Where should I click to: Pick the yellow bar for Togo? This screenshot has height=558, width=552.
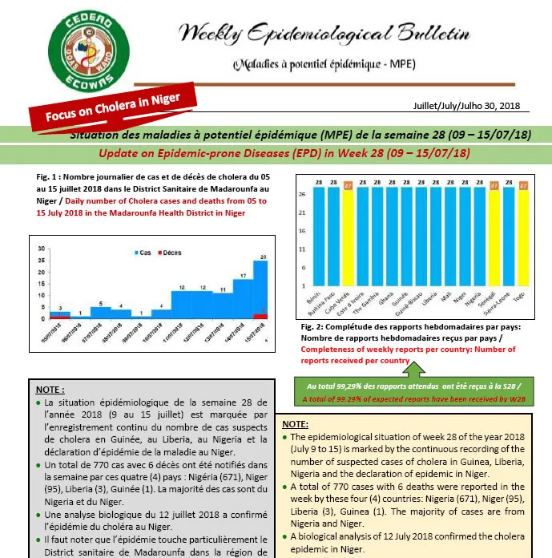(523, 237)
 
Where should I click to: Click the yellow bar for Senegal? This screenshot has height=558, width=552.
(494, 237)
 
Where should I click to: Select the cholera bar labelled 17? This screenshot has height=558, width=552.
(242, 297)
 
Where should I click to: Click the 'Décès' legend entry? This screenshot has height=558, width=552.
(170, 253)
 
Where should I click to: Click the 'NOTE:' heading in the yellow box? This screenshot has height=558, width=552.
(296, 423)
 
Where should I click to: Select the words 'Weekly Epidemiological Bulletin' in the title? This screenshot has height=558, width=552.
(324, 34)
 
